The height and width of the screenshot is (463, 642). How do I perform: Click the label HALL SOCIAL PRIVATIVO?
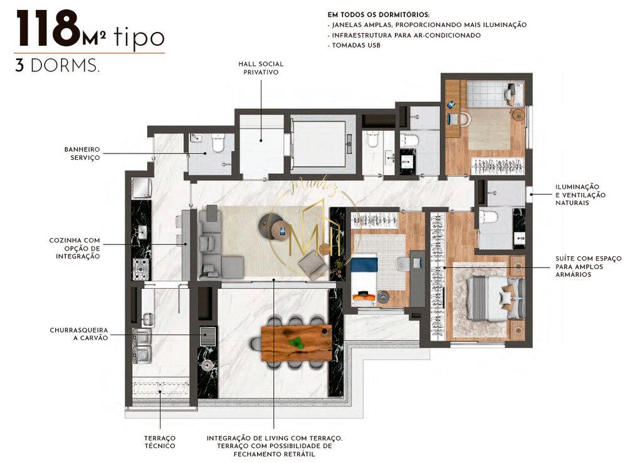260,68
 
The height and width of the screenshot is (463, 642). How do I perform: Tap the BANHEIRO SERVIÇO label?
82,153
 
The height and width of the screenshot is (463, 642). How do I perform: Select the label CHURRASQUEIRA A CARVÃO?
79,333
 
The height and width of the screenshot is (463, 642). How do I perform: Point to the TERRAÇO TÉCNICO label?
160,442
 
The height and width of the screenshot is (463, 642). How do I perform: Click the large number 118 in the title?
48,29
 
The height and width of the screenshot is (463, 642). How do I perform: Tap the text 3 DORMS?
57,66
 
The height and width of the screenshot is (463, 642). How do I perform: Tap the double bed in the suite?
495,298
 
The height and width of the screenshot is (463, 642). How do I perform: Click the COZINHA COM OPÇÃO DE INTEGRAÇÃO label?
75,249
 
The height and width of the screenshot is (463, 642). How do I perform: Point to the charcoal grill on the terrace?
207,336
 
